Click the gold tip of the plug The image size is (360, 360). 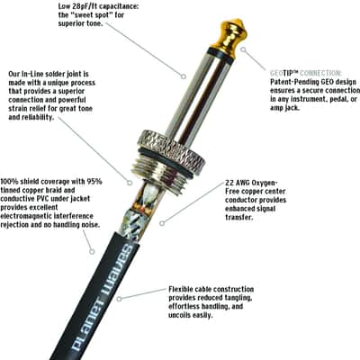[231, 33]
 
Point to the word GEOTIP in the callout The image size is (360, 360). [283, 73]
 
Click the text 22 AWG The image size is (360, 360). [237, 183]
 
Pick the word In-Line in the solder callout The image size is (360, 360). [33, 74]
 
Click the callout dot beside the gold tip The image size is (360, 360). [244, 49]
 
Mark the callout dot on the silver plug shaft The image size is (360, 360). [183, 76]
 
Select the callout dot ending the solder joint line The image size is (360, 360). [130, 182]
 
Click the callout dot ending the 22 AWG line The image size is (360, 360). [162, 223]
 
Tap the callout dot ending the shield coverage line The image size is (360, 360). [92, 251]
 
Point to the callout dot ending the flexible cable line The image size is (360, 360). [119, 299]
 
